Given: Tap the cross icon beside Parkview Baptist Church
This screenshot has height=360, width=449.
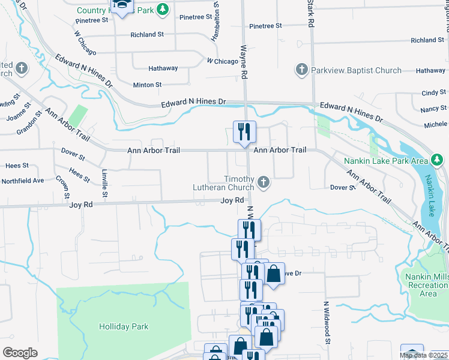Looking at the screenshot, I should point(301,70).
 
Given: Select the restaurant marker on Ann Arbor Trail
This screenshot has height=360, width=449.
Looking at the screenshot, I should point(244,132).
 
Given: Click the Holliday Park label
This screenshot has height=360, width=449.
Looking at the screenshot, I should point(124,326).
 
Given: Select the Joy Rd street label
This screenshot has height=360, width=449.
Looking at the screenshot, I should point(232,200).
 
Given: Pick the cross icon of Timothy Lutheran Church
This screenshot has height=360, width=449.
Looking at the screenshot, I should point(263,182).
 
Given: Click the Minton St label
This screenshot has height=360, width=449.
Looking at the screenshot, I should point(147,85).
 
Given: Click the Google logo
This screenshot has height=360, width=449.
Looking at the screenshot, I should point(20,352).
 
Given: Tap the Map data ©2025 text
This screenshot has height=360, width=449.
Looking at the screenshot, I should point(422,355).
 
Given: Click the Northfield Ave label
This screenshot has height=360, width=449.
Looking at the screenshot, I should point(23,181).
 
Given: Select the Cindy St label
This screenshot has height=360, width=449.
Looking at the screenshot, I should point(433,93).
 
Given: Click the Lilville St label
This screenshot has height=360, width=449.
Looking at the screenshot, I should point(104,182).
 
